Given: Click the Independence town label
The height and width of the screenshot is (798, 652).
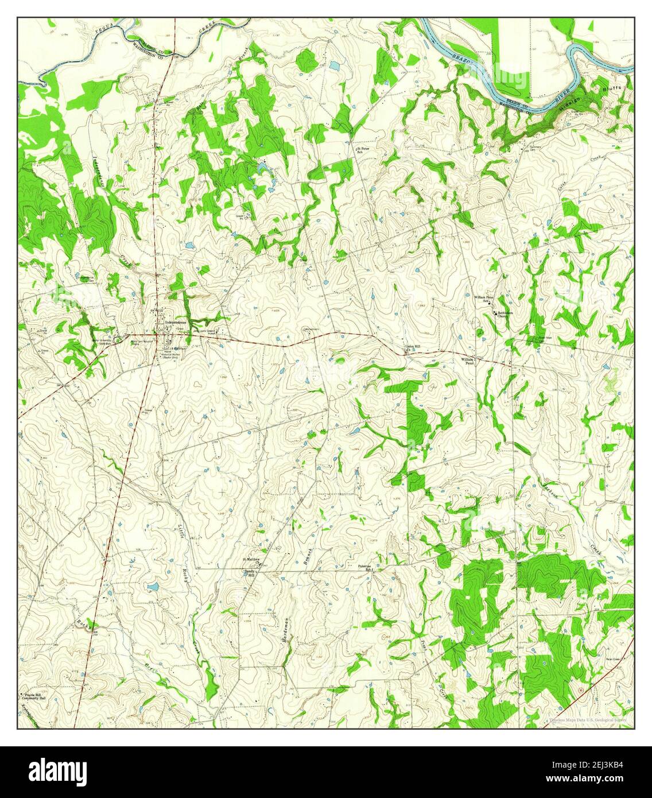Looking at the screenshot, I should [x=176, y=323].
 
